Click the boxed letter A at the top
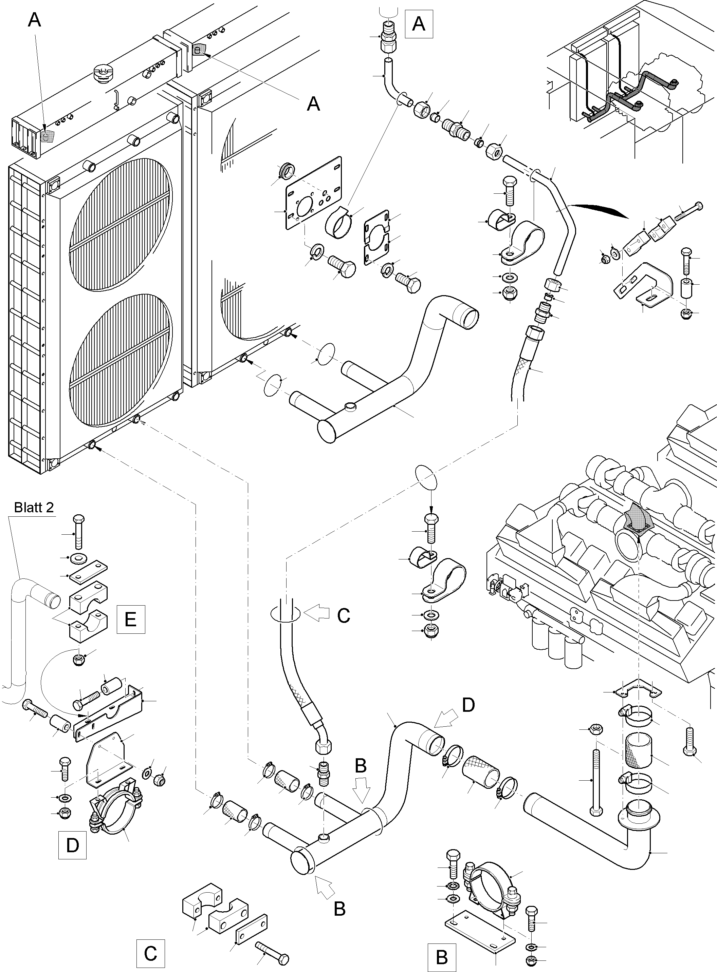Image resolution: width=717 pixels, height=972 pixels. (418, 24)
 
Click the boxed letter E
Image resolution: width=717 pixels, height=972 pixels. (131, 620)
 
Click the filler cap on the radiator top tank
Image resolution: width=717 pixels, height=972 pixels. (103, 72)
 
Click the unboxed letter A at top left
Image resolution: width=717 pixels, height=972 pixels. (34, 20)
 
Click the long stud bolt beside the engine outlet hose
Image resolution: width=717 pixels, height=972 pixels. (596, 781)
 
